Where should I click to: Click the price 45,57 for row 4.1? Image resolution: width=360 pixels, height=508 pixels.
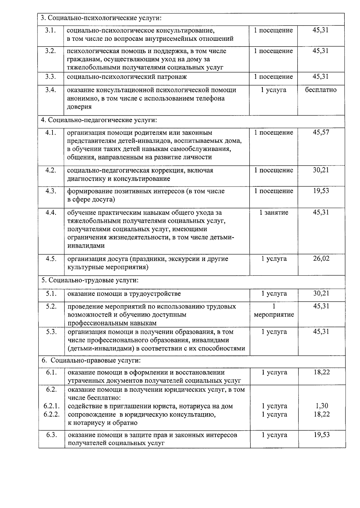pyautogui.click(x=321, y=132)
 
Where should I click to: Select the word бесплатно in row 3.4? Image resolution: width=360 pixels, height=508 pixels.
pyautogui.click(x=321, y=90)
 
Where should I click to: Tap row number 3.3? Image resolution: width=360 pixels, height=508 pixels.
pyautogui.click(x=51, y=76)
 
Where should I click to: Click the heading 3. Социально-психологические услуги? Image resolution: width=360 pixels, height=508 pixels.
pyautogui.click(x=101, y=18)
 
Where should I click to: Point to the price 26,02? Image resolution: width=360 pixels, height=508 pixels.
pyautogui.click(x=321, y=258)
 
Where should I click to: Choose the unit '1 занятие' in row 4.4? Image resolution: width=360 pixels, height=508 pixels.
pyautogui.click(x=274, y=213)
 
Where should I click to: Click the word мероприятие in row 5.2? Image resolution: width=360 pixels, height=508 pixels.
pyautogui.click(x=274, y=315)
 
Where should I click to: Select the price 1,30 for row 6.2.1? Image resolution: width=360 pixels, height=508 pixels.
pyautogui.click(x=322, y=406)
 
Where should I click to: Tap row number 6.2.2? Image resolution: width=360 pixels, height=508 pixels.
pyautogui.click(x=51, y=414)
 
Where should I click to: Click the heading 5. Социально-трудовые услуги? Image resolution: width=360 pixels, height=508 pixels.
pyautogui.click(x=90, y=280)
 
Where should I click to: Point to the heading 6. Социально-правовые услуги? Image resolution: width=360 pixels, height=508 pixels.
pyautogui.click(x=91, y=360)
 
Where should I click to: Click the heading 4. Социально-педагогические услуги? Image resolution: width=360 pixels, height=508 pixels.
pyautogui.click(x=99, y=120)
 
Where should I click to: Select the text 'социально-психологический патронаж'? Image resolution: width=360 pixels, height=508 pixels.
pyautogui.click(x=127, y=77)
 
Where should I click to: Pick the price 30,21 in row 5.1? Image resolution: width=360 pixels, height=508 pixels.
pyautogui.click(x=321, y=293)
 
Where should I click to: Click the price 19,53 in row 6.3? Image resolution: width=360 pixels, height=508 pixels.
pyautogui.click(x=322, y=435)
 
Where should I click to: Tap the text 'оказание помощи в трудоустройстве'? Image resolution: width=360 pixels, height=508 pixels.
pyautogui.click(x=124, y=294)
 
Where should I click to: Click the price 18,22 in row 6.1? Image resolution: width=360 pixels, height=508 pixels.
pyautogui.click(x=322, y=372)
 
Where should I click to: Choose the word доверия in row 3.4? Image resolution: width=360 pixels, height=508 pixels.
pyautogui.click(x=79, y=107)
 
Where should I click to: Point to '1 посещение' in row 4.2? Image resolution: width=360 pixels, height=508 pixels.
pyautogui.click(x=274, y=170)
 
